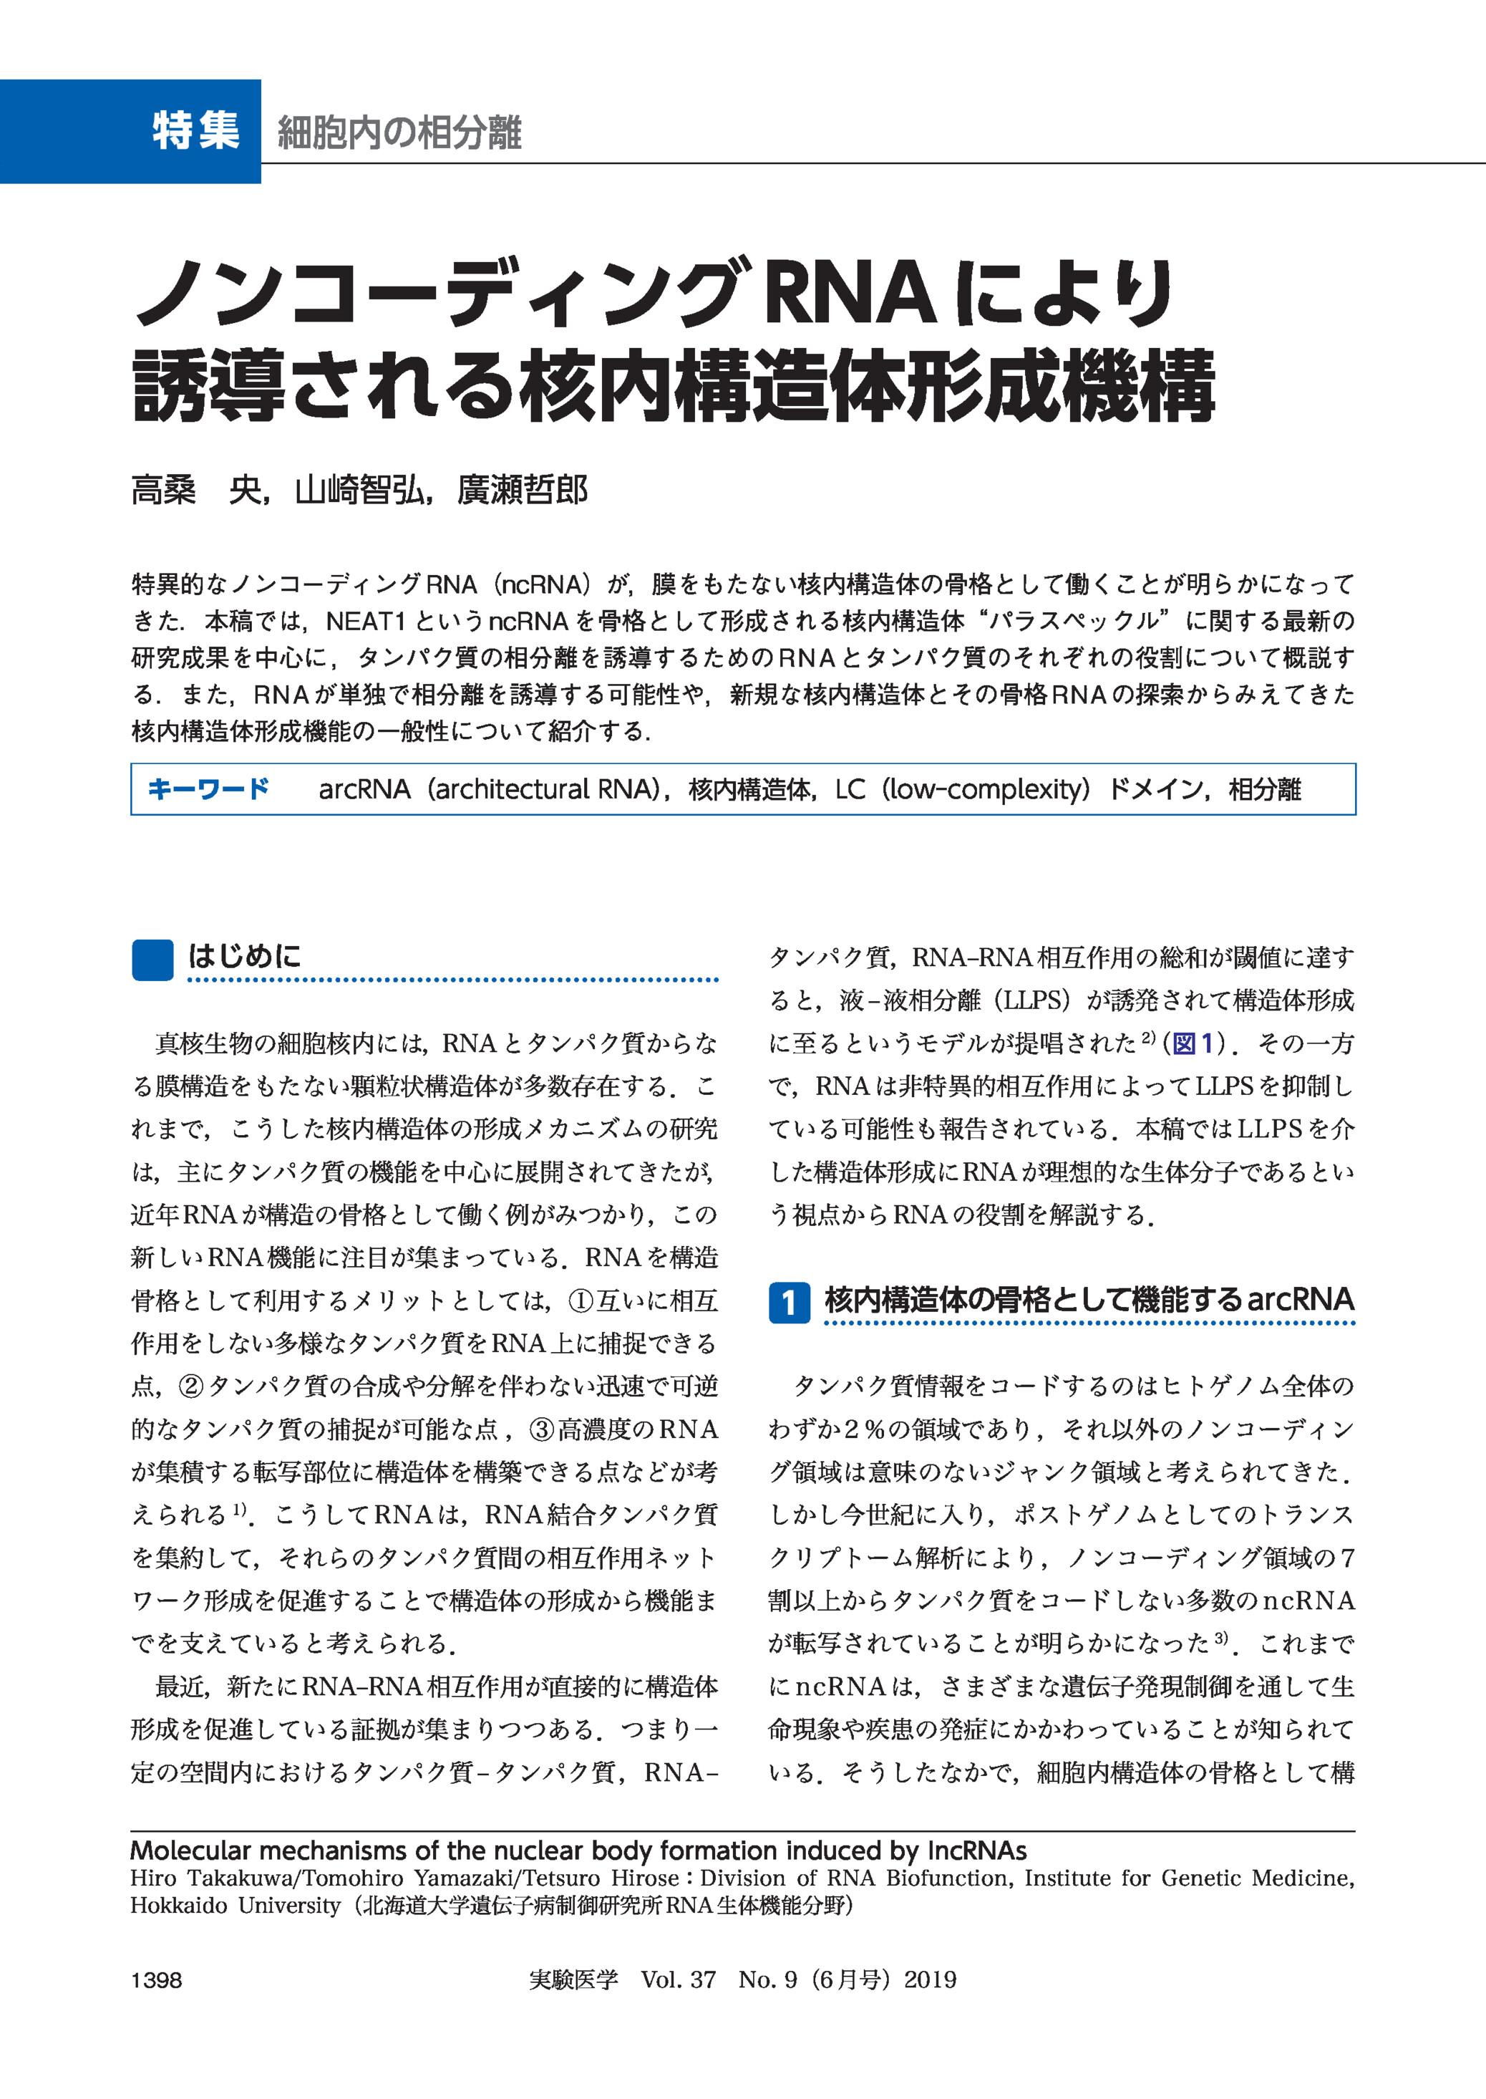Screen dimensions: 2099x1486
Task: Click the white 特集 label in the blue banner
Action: [196, 131]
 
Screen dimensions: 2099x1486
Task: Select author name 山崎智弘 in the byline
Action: [359, 491]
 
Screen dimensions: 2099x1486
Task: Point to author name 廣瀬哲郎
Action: [523, 491]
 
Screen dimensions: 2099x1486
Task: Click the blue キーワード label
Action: [208, 788]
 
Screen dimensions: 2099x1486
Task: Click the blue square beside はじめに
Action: [152, 960]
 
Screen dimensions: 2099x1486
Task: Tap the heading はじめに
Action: [244, 957]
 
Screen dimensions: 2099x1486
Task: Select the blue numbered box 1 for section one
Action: [789, 1302]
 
